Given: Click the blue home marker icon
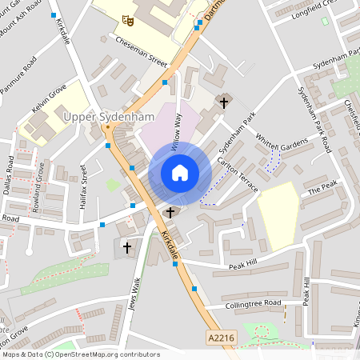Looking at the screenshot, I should coord(179,173).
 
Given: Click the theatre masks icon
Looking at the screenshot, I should coord(126,19).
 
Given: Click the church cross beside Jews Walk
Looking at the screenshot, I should coord(126,248).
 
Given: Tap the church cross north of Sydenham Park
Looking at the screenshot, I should coord(223,102).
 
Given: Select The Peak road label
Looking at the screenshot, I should coord(322,186).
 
